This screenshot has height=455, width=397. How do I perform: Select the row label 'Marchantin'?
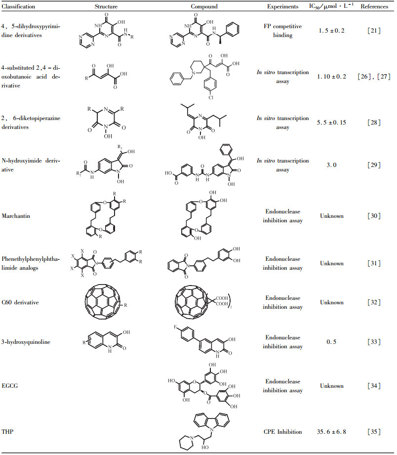pyautogui.click(x=17, y=215)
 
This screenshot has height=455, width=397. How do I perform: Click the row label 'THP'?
pyautogui.click(x=8, y=431)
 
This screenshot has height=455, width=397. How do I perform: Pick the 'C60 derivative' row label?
pyautogui.click(x=21, y=302)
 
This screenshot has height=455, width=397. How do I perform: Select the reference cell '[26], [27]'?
pyautogui.click(x=374, y=77)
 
